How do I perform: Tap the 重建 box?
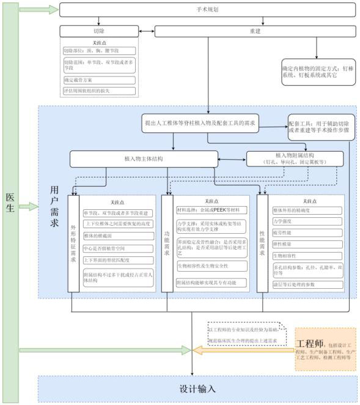click(255, 31)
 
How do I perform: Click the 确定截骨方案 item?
click(98, 80)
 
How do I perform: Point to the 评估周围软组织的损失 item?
click(98, 91)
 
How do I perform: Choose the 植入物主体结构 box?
click(143, 159)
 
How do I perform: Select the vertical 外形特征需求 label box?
click(75, 242)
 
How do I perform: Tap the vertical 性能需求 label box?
click(262, 242)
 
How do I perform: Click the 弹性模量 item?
click(306, 243)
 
